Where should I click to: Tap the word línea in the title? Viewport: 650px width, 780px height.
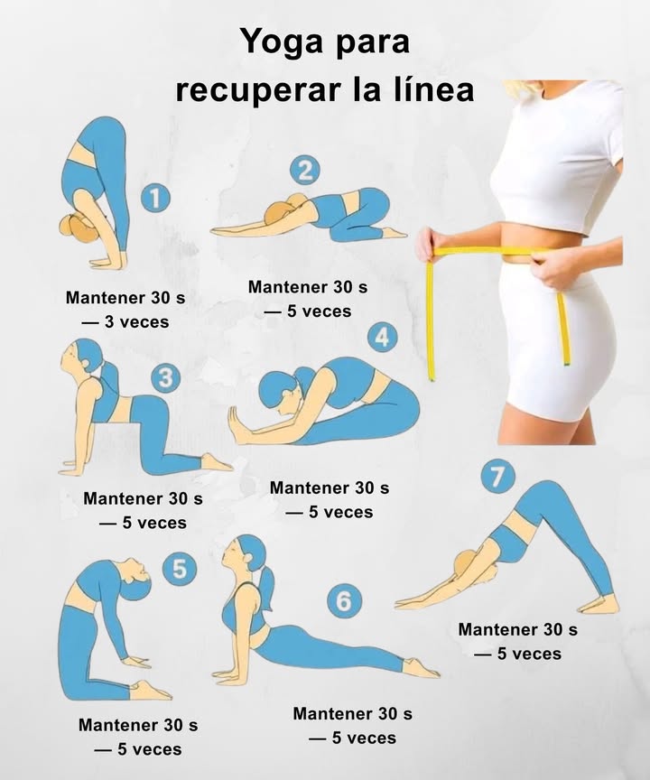click(x=430, y=91)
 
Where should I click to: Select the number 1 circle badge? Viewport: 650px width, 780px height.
click(x=158, y=199)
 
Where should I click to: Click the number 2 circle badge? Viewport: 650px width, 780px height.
click(x=306, y=170)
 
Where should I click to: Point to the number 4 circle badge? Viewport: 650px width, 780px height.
click(x=383, y=337)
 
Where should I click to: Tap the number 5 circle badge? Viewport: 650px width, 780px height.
click(x=180, y=569)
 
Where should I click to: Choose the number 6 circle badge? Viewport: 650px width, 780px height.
click(x=344, y=600)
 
